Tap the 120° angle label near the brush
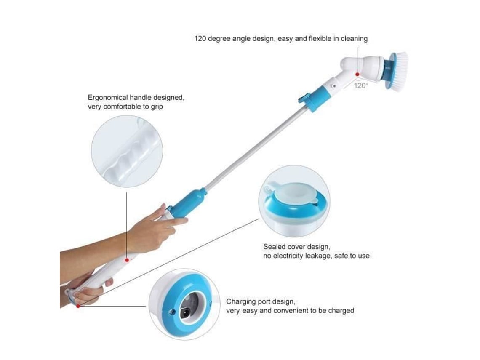361,86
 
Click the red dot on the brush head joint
357,75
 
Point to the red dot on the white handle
127,260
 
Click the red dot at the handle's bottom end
78,306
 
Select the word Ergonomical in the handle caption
108,98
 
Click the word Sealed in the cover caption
273,247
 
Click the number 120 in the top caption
200,39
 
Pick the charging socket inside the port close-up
186,313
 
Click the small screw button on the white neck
334,86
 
